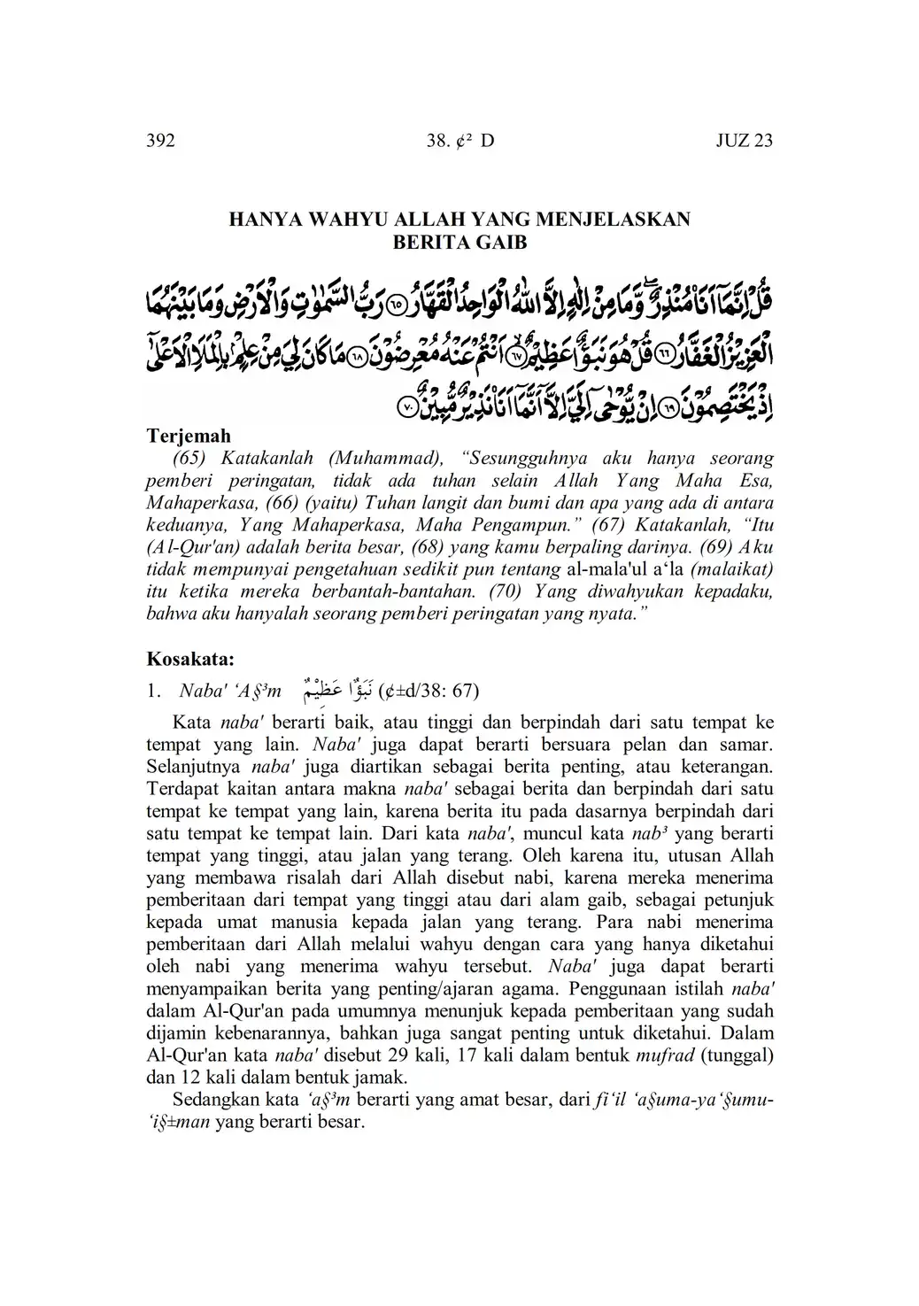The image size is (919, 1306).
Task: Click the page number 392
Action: point(160,141)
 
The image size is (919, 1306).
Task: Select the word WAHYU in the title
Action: point(347,220)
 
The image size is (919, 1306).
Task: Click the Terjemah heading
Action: point(188,436)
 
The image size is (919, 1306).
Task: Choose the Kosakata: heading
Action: point(189,660)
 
